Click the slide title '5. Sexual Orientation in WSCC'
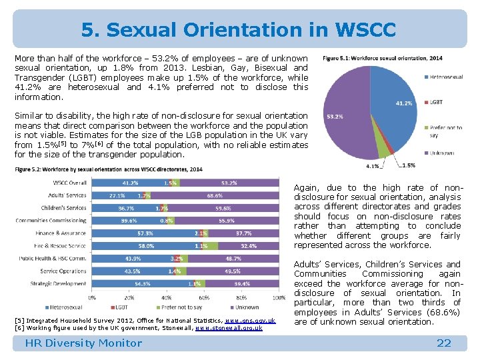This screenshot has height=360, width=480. (239, 30)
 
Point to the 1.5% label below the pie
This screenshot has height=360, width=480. (408, 165)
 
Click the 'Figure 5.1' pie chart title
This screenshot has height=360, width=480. (382, 58)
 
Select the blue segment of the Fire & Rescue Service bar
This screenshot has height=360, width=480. (147, 246)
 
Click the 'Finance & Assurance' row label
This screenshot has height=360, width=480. (61, 233)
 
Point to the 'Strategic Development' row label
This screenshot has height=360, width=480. (59, 284)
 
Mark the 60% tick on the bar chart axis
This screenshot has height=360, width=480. (204, 297)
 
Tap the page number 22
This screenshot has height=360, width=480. (443, 343)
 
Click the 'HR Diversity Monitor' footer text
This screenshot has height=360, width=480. (83, 343)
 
